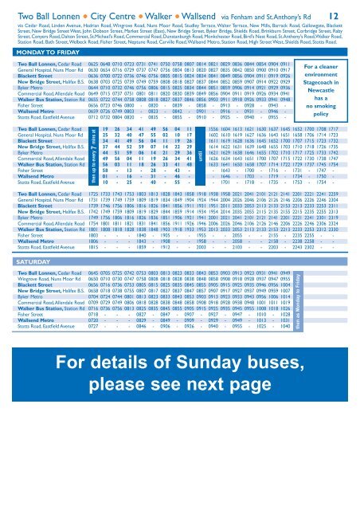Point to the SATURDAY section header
click(x=25, y=305)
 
